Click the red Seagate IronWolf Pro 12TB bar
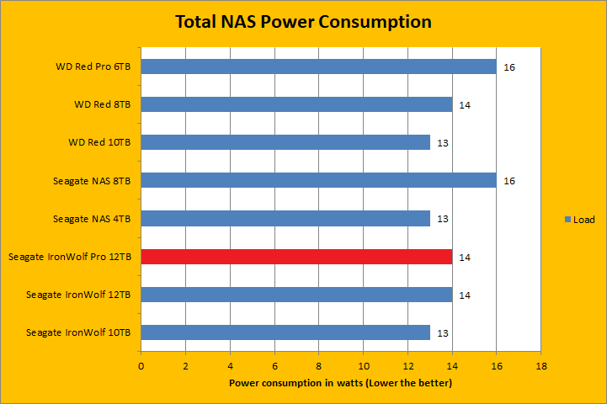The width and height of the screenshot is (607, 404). coord(296,257)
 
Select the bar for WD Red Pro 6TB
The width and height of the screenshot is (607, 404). coord(318,66)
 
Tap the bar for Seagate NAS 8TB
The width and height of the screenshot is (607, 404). coord(318,180)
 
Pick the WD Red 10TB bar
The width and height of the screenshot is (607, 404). coord(285,142)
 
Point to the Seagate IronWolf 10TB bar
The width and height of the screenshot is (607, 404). coord(285,332)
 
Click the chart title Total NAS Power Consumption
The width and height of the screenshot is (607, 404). coord(303,22)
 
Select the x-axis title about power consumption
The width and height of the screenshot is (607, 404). coord(341,384)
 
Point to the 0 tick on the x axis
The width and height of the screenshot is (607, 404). coord(141,366)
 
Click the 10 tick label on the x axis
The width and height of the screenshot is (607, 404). coord(363,366)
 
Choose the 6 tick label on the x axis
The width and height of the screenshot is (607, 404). coord(274,366)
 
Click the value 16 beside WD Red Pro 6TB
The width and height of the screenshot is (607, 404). coord(509,67)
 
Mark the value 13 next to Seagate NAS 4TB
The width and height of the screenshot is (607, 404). coord(443,219)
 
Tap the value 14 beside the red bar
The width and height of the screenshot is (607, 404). coord(465,257)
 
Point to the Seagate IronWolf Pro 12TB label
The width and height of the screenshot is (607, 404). coord(70,257)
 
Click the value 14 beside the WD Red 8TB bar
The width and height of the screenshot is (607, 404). coord(465,105)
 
